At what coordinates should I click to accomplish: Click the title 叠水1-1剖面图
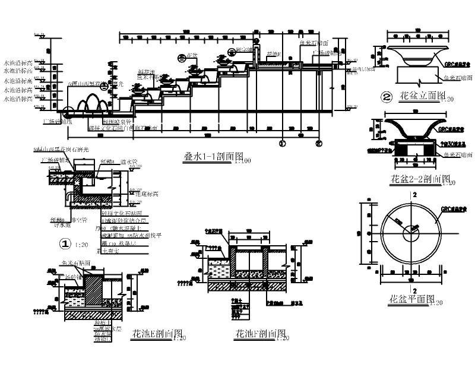click(x=208, y=159)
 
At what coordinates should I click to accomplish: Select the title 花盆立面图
click(x=414, y=96)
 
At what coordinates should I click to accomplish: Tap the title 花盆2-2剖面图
click(x=419, y=179)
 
